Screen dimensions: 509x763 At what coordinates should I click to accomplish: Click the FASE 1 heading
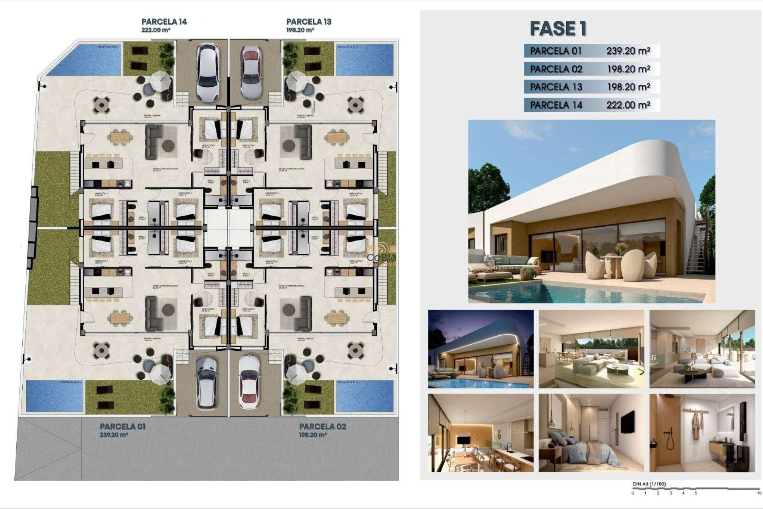tap(558, 29)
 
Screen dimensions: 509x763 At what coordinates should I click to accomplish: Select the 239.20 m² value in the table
tap(628, 51)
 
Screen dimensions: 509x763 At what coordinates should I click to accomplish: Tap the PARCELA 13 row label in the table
tap(556, 87)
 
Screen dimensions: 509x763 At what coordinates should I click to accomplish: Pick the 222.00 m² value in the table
tap(628, 105)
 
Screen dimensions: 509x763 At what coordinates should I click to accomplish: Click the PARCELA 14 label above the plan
tap(164, 22)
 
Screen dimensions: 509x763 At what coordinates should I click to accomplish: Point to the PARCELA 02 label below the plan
tap(322, 427)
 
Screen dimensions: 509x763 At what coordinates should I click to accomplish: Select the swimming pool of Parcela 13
tap(365, 60)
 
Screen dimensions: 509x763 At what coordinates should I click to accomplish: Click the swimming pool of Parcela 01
tap(54, 396)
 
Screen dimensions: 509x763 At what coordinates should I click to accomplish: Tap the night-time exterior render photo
tap(480, 349)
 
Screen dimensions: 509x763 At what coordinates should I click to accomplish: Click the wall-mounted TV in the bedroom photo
tap(627, 422)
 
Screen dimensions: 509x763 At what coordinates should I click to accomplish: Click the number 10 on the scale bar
tap(759, 493)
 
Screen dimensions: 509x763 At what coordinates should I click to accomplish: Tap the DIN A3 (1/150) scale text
tap(649, 484)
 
